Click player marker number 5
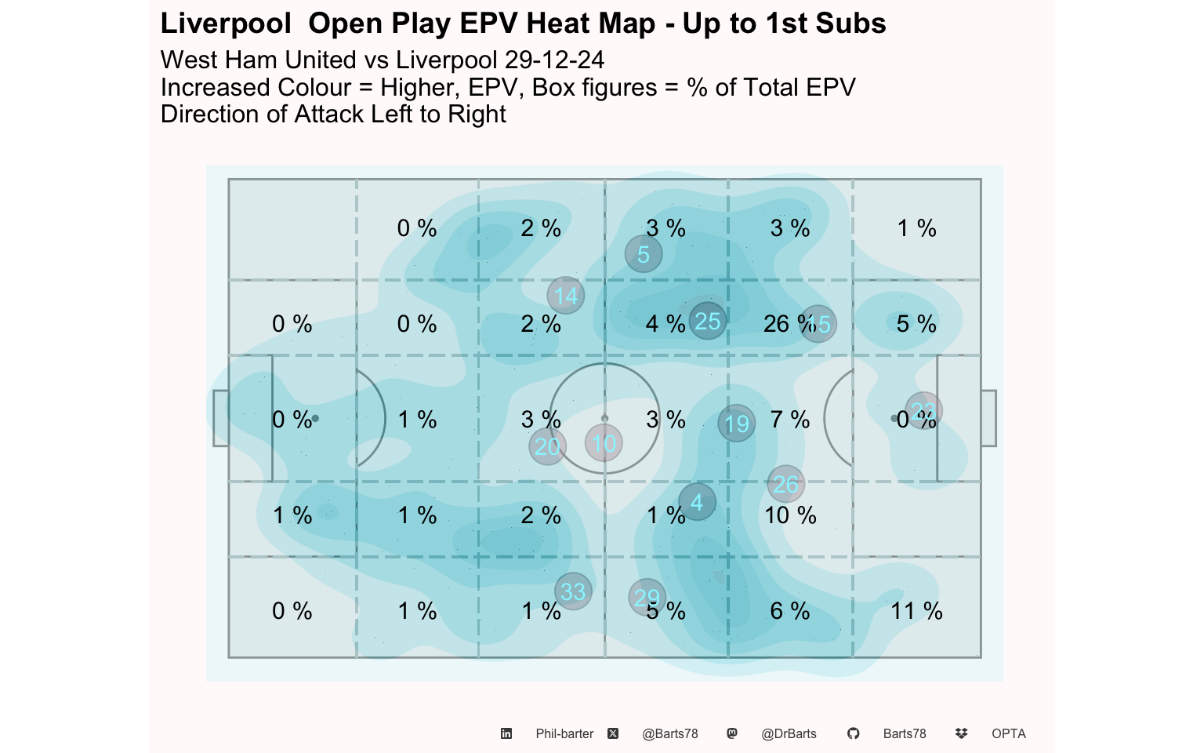coord(644,254)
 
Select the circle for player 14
coord(566,296)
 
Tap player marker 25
coord(708,321)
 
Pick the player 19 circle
coord(737,424)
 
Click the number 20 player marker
coord(547,446)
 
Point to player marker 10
coord(604,443)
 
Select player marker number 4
coord(697,502)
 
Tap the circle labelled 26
coord(785,484)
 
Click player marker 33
coord(573,591)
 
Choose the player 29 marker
coord(647,597)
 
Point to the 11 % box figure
coord(916,611)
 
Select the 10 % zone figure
coord(790,515)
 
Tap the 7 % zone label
coord(790,420)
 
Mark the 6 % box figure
coord(790,611)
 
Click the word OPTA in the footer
coord(1008,733)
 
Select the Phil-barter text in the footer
coord(564,733)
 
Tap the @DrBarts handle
coord(789,733)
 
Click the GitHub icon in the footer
coord(853,733)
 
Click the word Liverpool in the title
coord(226,24)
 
